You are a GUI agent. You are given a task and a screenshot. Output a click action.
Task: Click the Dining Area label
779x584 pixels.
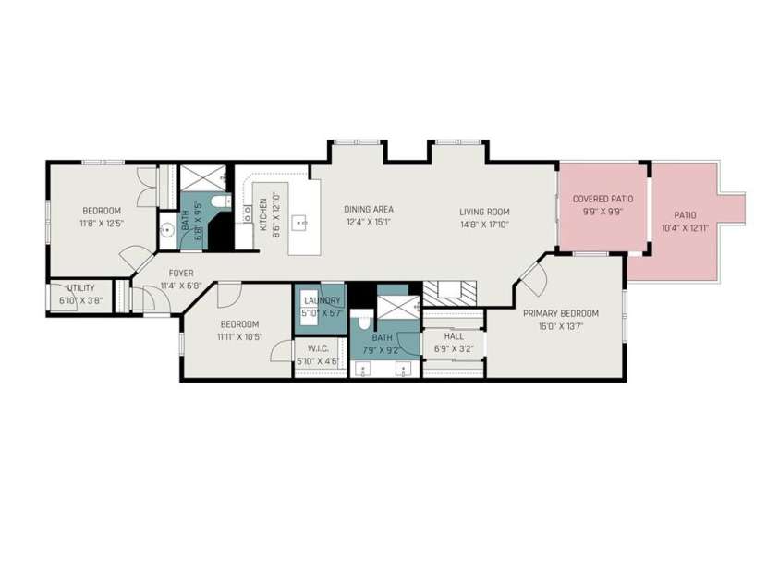point(369,209)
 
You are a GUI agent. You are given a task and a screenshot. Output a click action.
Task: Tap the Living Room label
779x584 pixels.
point(484,212)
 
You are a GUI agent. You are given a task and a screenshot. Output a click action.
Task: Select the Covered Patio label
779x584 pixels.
point(603,199)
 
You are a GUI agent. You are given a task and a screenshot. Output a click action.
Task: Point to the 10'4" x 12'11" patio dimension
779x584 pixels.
point(685,228)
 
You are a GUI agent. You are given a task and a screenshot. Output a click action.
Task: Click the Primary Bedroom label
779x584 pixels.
point(561,313)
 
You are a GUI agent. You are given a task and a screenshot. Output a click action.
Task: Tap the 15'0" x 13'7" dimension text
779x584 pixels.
point(560,326)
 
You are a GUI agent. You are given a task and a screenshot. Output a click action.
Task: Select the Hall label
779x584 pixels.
point(454,336)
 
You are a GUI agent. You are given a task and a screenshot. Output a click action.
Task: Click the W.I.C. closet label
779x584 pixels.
point(319,349)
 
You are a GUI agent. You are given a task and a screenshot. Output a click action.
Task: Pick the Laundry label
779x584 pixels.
point(322,300)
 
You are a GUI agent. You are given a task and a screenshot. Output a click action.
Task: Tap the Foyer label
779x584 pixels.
point(181,274)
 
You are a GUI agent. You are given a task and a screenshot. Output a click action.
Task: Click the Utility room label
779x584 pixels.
point(81,288)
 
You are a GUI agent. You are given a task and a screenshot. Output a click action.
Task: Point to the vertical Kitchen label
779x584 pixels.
point(263,214)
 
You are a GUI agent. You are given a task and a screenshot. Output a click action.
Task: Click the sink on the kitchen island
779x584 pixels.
point(301,223)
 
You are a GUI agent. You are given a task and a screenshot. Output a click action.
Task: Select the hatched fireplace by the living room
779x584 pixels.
point(450,294)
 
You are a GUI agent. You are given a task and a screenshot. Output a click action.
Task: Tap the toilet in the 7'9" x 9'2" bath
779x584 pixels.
point(364,321)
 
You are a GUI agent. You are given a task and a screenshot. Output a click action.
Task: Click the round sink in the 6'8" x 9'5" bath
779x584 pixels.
point(168,230)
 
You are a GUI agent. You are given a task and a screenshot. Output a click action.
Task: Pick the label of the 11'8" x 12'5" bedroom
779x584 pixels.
point(102,211)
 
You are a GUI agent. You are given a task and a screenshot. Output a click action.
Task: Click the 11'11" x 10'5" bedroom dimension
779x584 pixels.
point(239,336)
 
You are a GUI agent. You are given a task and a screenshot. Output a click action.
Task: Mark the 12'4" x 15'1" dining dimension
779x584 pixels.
point(369,222)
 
